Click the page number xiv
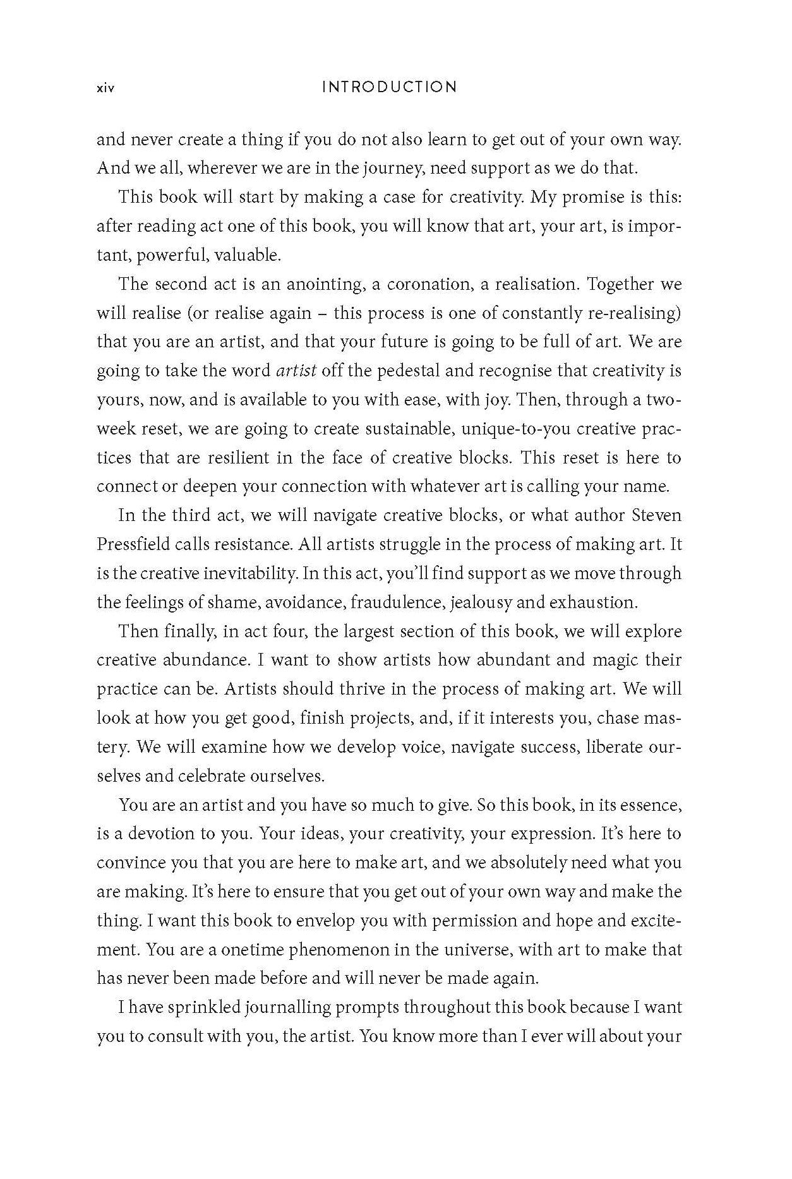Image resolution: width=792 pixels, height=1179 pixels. pyautogui.click(x=105, y=88)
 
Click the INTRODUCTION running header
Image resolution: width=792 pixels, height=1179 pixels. pyautogui.click(x=389, y=87)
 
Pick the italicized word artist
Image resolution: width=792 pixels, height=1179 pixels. pyautogui.click(x=296, y=371)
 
